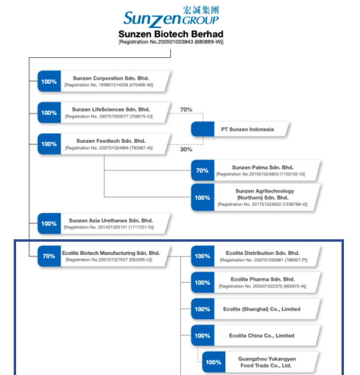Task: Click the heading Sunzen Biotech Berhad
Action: (x=171, y=34)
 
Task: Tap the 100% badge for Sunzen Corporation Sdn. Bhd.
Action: (x=49, y=82)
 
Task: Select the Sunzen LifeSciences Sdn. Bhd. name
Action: (x=111, y=110)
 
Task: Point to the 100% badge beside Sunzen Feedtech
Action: (x=49, y=144)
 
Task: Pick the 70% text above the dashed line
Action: (x=186, y=110)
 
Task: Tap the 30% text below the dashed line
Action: (x=186, y=149)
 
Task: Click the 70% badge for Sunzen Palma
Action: (x=203, y=171)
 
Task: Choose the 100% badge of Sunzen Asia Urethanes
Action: (x=49, y=224)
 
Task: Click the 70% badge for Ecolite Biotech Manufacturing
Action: (x=49, y=256)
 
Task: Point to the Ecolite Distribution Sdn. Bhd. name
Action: (x=262, y=253)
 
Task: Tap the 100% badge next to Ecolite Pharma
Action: (x=203, y=283)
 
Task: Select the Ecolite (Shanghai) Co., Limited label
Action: (x=262, y=309)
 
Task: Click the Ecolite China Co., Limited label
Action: (x=262, y=336)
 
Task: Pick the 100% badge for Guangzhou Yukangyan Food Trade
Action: (x=213, y=362)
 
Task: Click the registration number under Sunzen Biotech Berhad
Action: (x=171, y=42)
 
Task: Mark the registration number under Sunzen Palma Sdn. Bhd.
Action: (x=260, y=174)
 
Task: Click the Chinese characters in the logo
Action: (x=199, y=10)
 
